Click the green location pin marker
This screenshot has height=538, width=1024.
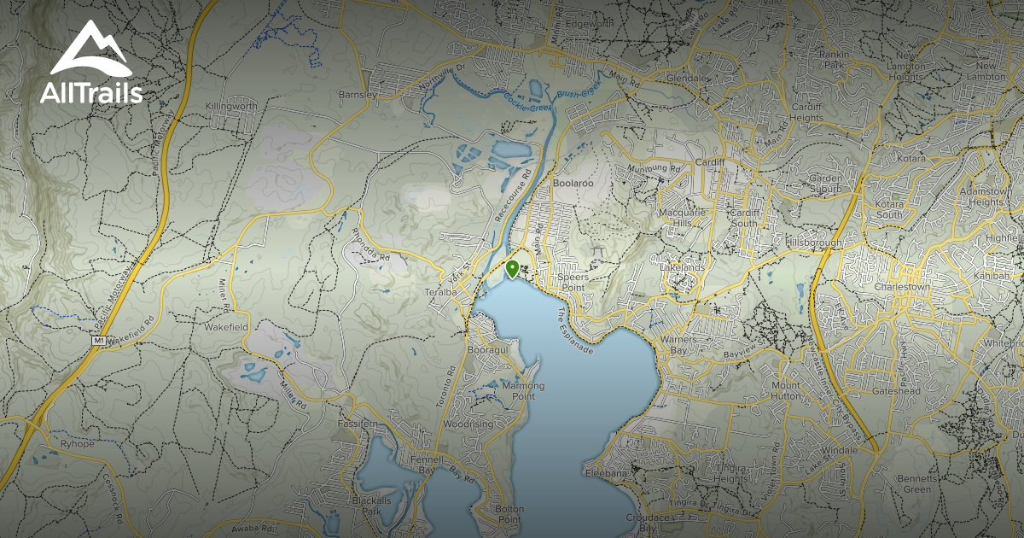(x=512, y=269)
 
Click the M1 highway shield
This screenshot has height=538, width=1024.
(x=99, y=341)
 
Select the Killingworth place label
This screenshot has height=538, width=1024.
(x=230, y=107)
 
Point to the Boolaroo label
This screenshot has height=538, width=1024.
(x=572, y=183)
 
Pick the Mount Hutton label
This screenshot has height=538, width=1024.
(x=786, y=389)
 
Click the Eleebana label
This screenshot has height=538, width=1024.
(x=607, y=472)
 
